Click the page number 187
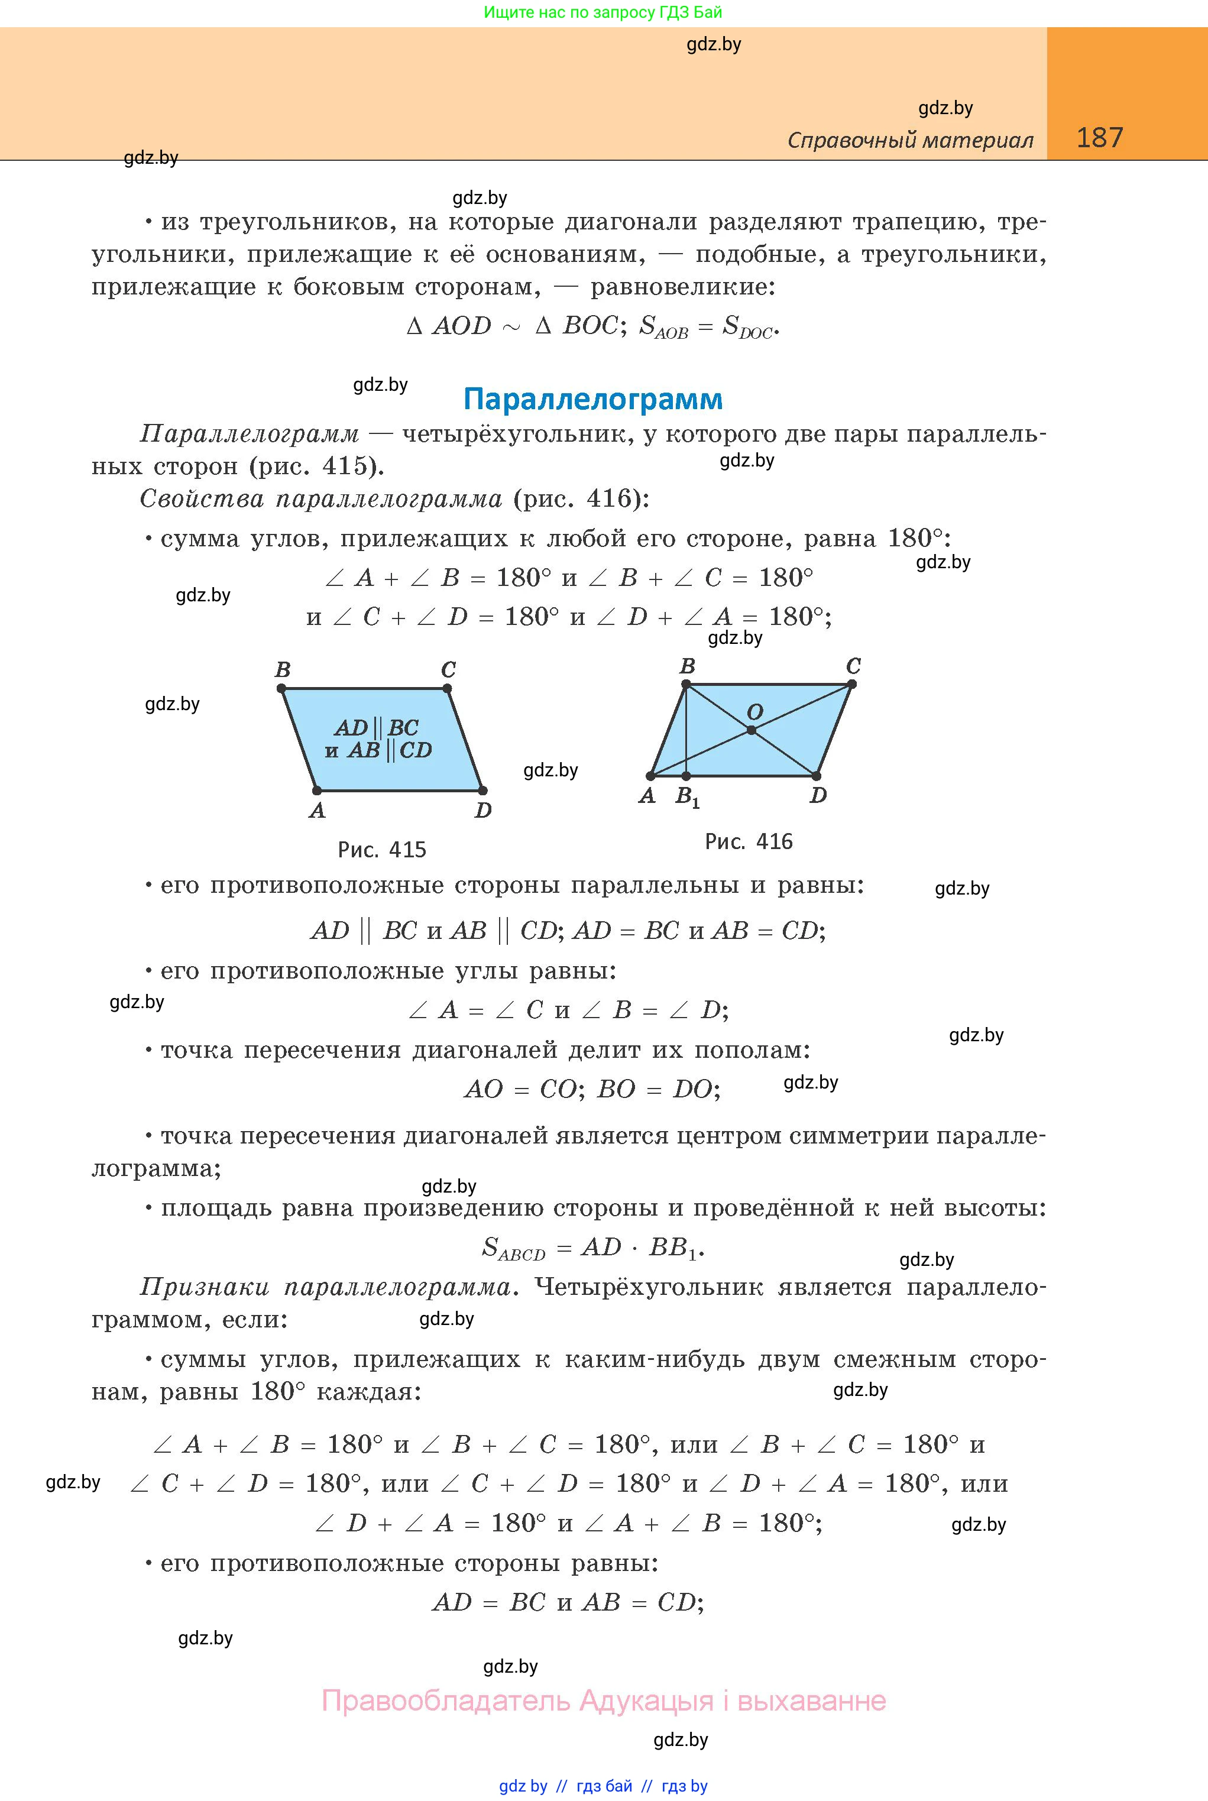[1099, 138]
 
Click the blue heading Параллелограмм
[592, 399]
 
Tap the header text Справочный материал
[910, 140]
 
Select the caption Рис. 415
[381, 850]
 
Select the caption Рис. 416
[748, 841]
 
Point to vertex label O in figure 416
[755, 712]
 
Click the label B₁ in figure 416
[687, 796]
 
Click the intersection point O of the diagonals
[751, 730]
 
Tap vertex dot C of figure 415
[448, 689]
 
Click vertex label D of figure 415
[483, 811]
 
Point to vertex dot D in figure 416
[816, 776]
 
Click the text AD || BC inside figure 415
[377, 727]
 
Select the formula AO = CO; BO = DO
[592, 1089]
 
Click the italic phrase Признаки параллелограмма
[325, 1287]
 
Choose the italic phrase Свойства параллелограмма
[320, 499]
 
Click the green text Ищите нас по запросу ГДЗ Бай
[603, 12]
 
